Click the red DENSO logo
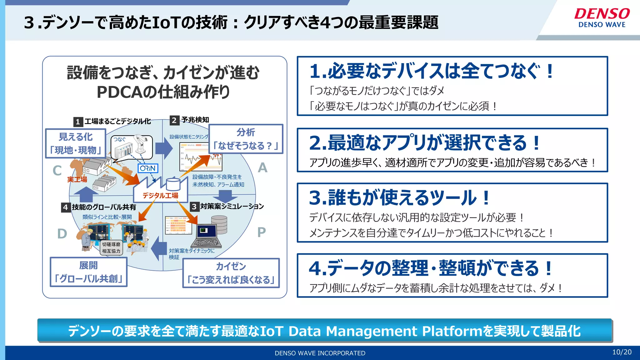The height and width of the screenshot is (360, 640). coord(602,14)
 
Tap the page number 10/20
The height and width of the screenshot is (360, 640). coord(622,352)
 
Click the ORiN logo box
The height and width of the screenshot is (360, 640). coord(148,168)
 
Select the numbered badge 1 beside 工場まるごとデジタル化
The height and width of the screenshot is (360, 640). coord(78,122)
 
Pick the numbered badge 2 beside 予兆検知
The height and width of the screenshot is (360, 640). coord(174,120)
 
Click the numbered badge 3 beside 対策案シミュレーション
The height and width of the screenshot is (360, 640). coord(194,207)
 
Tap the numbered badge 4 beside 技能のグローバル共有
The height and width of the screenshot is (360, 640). coord(65,207)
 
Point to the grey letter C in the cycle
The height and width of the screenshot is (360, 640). coord(57,171)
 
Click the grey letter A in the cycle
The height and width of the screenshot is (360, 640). coord(262,168)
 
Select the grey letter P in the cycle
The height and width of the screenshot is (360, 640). coord(262,232)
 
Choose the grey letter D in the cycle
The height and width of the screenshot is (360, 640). coord(62,234)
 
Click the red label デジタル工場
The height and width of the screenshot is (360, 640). coord(160,196)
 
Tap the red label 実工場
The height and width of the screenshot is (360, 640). coord(77,179)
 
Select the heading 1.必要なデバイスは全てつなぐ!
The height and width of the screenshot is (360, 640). coord(431,71)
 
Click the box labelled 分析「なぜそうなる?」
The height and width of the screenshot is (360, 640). coord(246,139)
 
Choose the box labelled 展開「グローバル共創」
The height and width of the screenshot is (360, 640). coord(88,272)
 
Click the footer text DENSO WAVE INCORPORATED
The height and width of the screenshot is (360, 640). coord(320,353)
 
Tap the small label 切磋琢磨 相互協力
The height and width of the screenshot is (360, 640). coord(111,247)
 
